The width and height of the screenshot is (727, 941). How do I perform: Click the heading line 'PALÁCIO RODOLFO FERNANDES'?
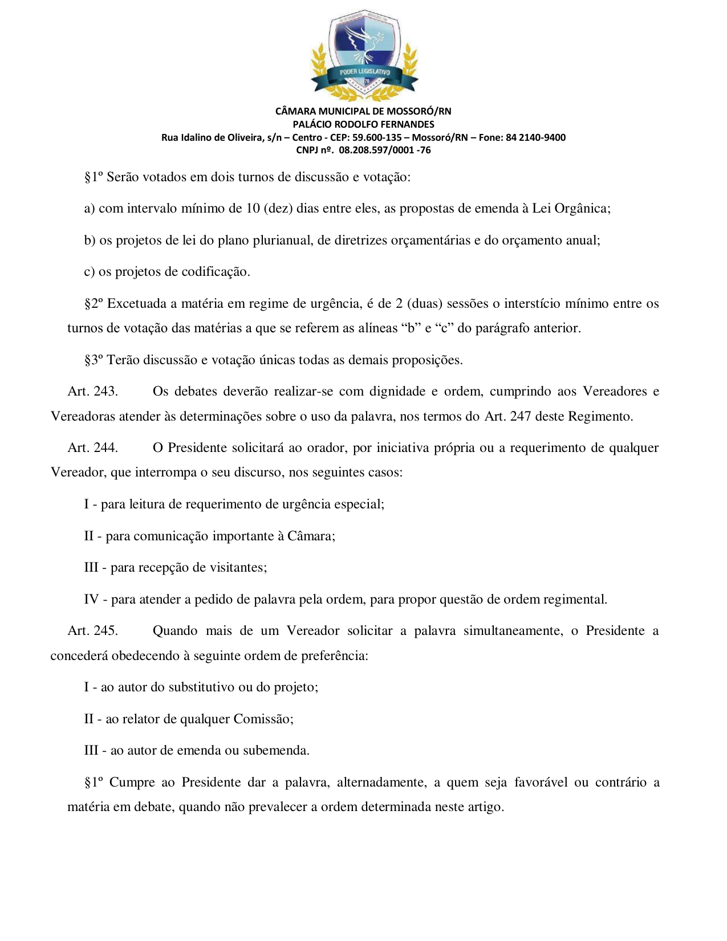pos(363,124)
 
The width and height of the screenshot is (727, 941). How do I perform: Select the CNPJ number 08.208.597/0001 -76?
pos(385,150)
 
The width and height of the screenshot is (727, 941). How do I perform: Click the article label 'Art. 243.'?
pos(93,392)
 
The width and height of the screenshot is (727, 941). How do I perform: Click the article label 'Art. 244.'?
pos(93,448)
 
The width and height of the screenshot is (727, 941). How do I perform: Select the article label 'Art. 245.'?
pos(93,631)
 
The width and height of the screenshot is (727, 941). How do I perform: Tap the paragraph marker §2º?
pos(94,304)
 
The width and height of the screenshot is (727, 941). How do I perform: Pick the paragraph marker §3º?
pos(94,360)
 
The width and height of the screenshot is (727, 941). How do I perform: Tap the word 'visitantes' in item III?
pos(237,568)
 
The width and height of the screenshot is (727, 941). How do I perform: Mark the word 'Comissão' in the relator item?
pos(262,719)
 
